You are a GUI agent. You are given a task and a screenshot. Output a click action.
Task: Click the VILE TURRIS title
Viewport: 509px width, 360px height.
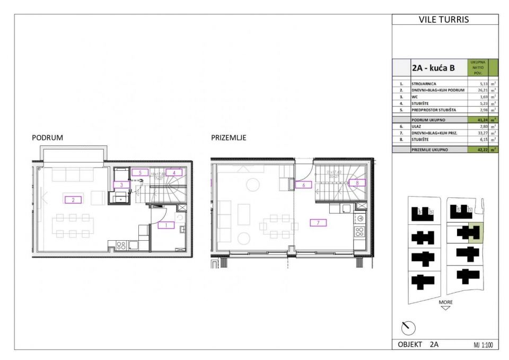pos(444,20)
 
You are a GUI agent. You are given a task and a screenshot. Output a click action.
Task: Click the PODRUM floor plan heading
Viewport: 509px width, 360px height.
pos(48,137)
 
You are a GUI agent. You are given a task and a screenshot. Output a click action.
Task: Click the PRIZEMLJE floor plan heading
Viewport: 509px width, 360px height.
pos(229,137)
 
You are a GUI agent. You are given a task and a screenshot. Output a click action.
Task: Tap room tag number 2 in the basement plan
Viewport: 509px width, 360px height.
pos(73,199)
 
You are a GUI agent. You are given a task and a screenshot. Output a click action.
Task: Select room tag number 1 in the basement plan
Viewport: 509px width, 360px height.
pos(165,225)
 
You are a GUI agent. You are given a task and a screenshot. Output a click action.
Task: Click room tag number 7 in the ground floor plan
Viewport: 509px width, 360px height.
pos(318,223)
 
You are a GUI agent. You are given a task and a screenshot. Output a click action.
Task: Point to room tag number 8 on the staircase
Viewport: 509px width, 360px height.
pos(357,182)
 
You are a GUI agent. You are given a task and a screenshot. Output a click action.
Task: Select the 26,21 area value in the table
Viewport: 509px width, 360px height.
pos(480,91)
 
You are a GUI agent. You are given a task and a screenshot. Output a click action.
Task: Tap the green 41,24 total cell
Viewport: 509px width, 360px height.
pos(480,120)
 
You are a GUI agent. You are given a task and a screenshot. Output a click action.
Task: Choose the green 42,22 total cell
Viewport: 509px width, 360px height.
pos(480,150)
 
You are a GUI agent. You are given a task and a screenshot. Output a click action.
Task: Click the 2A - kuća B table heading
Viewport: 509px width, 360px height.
pos(433,68)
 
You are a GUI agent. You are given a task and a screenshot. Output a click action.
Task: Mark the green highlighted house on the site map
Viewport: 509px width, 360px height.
pos(475,233)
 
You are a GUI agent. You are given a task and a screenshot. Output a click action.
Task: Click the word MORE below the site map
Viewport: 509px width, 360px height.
pos(445,302)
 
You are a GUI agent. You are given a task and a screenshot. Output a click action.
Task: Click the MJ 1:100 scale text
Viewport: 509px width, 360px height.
pos(483,345)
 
